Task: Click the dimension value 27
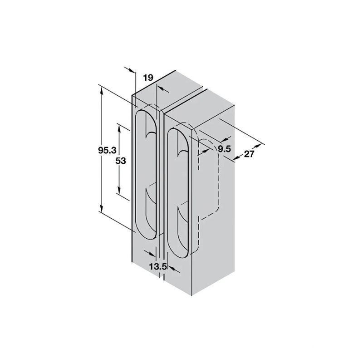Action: point(249,153)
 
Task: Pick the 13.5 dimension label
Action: point(157,266)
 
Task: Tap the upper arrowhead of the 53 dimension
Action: point(119,127)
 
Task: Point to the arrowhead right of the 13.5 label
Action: point(171,270)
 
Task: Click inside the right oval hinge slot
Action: point(178,191)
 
